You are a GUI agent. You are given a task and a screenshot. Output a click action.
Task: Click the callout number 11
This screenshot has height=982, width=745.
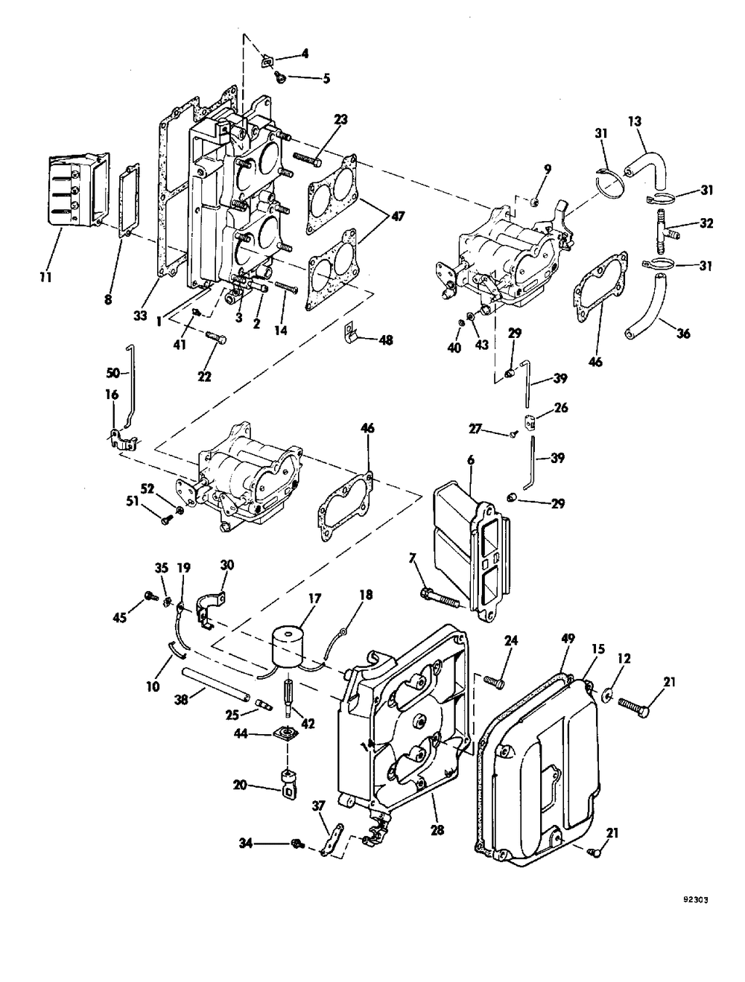(45, 277)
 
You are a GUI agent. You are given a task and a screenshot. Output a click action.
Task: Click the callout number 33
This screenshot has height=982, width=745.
(140, 316)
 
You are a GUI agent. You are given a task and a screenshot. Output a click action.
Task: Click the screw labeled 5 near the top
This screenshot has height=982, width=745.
(280, 79)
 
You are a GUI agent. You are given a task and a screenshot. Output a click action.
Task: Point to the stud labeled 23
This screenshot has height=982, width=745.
(307, 159)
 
